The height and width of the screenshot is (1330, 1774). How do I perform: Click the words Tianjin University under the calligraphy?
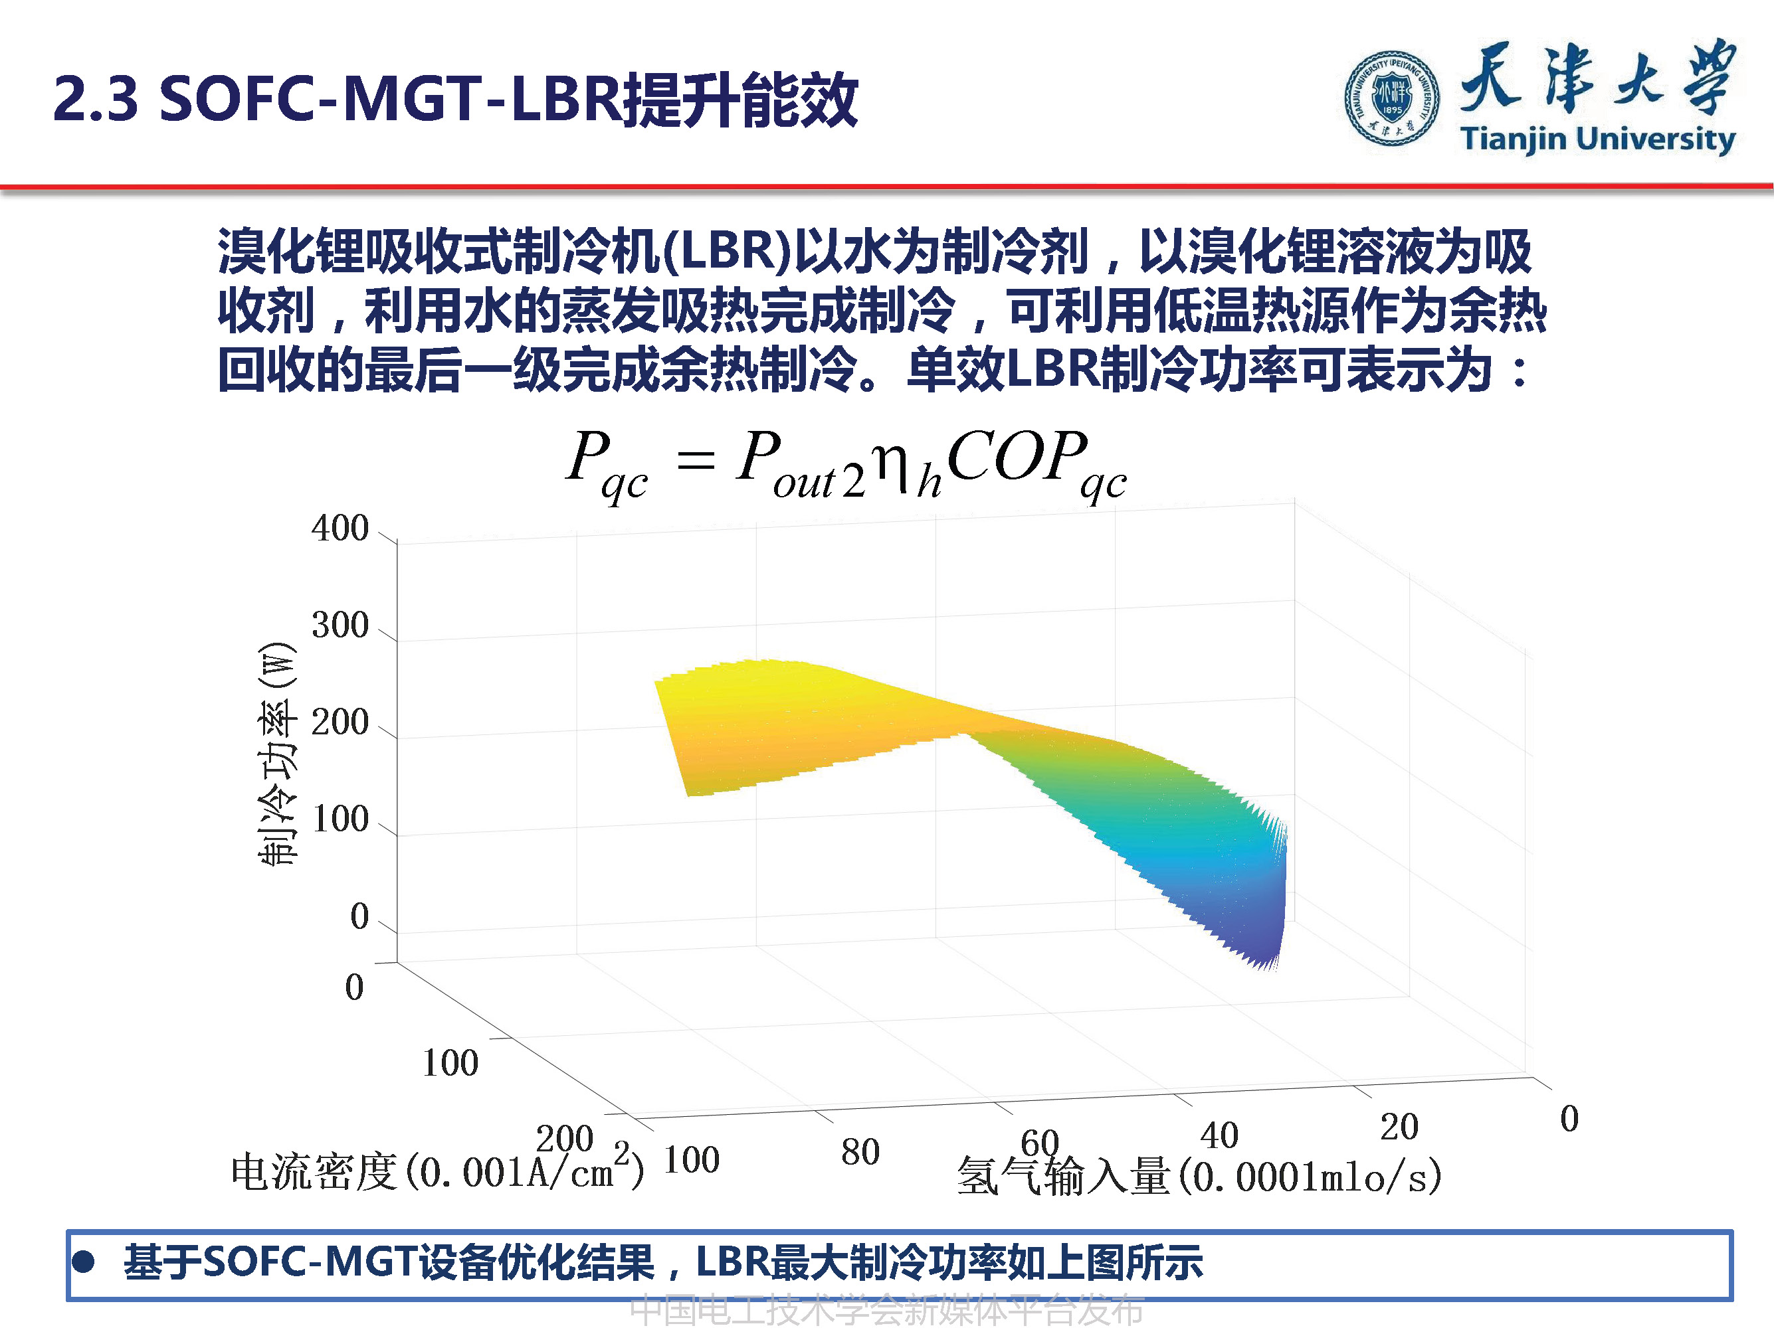[1597, 139]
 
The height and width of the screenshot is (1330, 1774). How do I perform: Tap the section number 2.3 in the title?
[96, 100]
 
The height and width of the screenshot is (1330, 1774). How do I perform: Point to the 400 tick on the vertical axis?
[340, 529]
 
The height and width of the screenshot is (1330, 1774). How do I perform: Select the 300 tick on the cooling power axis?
[340, 625]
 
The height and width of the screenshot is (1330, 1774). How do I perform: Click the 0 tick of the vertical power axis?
[359, 916]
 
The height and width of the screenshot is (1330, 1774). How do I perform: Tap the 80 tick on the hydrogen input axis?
[860, 1152]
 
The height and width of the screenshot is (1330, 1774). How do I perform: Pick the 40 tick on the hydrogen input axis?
[1219, 1135]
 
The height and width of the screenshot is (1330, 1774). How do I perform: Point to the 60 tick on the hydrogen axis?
[1039, 1142]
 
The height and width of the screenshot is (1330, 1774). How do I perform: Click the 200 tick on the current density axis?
[564, 1138]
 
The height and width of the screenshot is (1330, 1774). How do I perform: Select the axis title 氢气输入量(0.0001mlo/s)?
[1199, 1177]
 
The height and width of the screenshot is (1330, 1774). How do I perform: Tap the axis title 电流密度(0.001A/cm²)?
[437, 1171]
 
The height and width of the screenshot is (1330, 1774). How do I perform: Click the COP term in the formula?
[1017, 457]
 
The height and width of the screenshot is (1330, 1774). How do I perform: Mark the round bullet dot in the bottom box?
[84, 1263]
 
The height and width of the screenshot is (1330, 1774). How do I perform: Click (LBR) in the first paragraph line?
[728, 251]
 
